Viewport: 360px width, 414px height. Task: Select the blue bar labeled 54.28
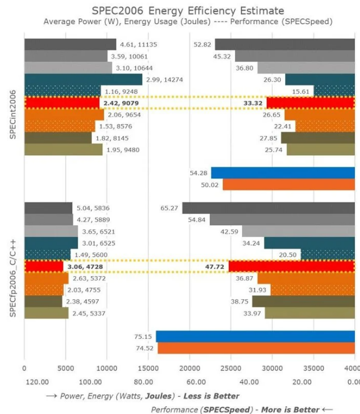coord(283,173)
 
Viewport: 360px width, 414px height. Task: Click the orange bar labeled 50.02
coord(288,184)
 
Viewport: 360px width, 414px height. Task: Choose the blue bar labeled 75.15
coord(255,336)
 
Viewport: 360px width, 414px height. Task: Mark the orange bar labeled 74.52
coord(256,348)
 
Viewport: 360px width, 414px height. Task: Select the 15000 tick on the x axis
coord(148,368)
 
